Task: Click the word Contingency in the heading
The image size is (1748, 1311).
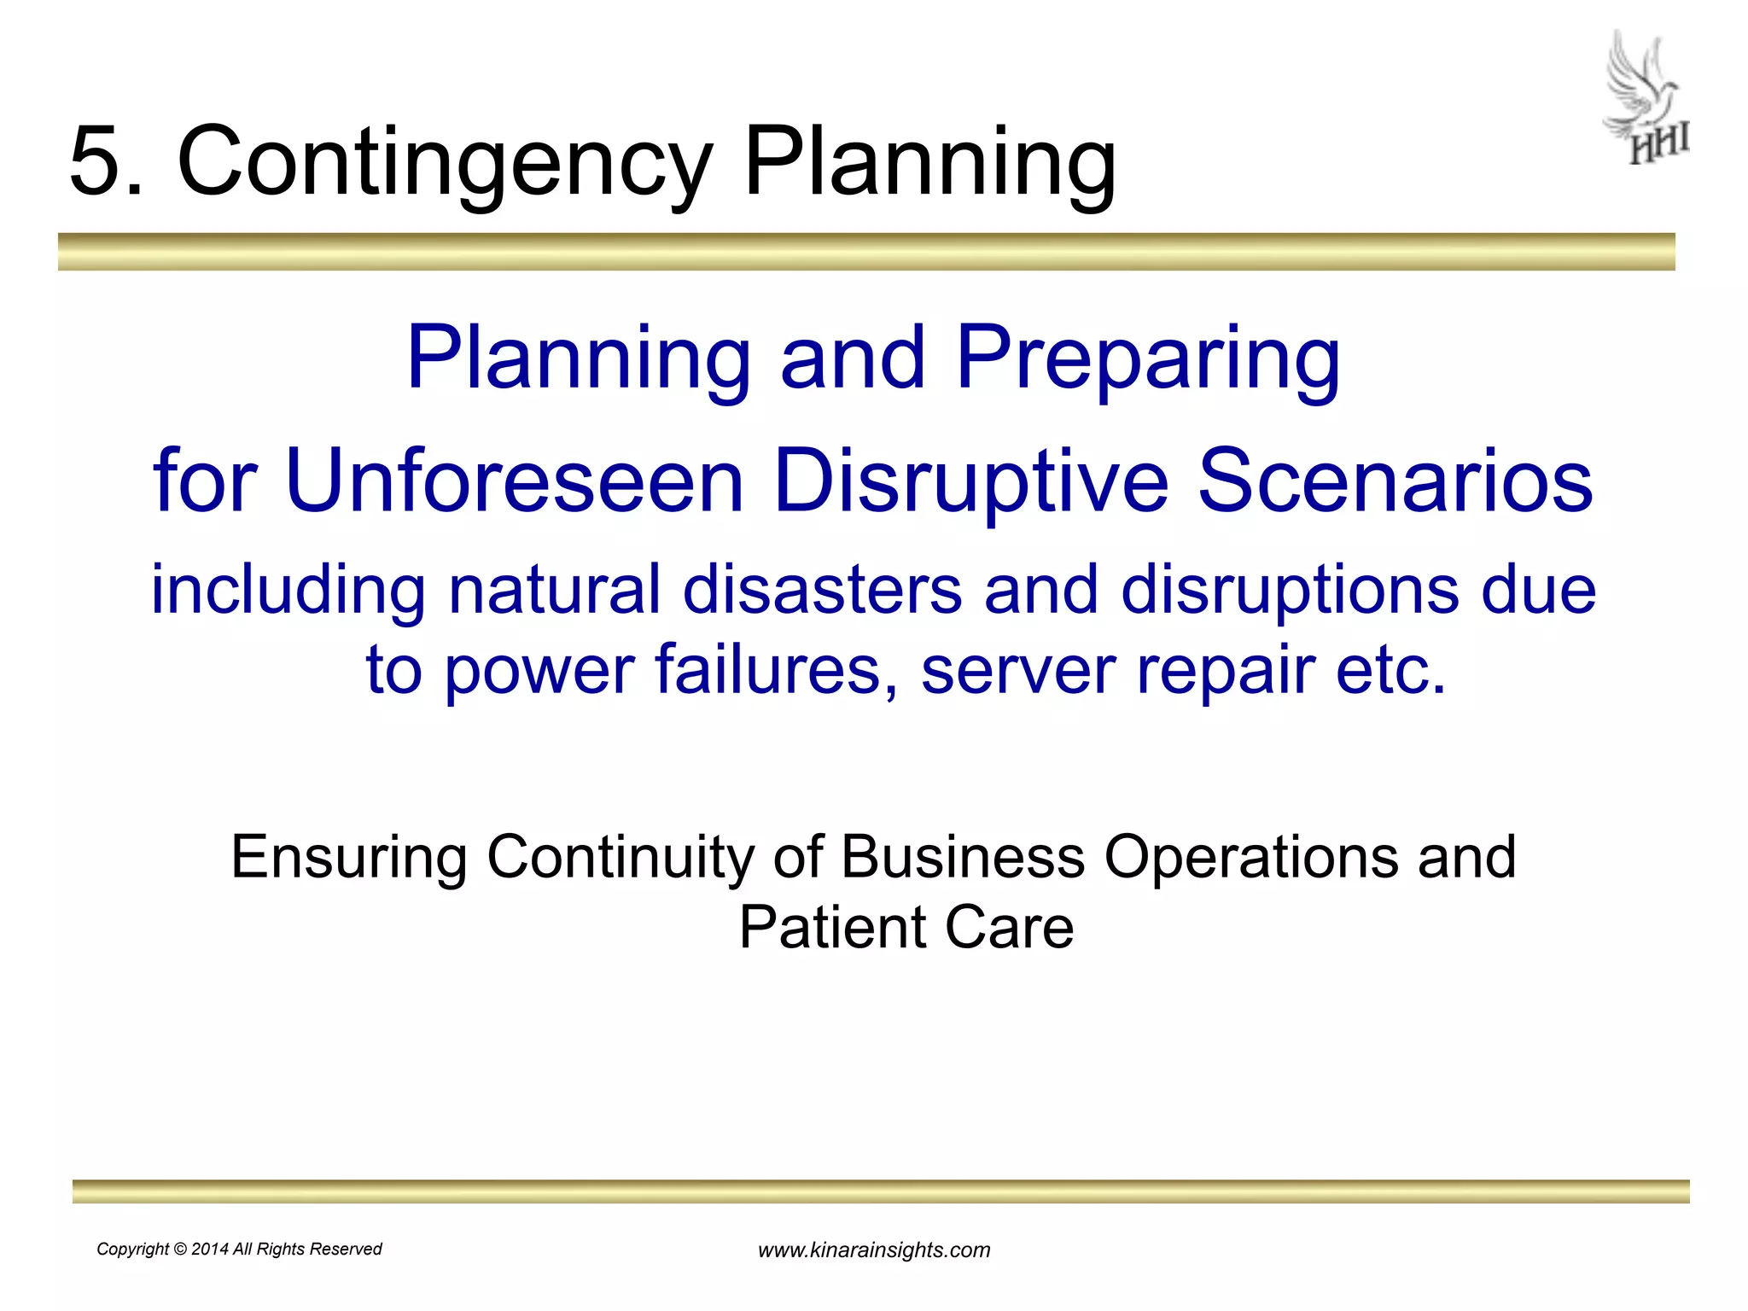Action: [x=444, y=161]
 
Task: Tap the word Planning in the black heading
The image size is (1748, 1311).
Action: [x=929, y=161]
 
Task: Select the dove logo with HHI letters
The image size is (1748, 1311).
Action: [x=1646, y=97]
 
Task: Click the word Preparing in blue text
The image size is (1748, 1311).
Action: [x=1148, y=358]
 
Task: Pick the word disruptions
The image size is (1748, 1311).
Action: [x=1290, y=589]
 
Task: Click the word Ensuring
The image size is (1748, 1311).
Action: [x=349, y=857]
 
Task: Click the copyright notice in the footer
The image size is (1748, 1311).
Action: [x=239, y=1249]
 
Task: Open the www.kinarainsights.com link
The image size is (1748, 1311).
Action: [x=874, y=1250]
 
